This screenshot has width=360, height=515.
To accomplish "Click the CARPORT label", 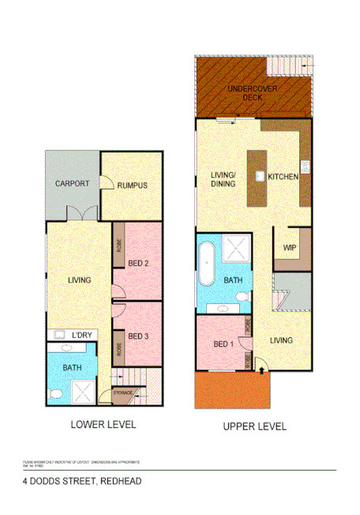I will point(72,184).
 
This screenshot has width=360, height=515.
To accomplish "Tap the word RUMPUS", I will point(132,186).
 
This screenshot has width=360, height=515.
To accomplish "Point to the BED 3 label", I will point(138,336).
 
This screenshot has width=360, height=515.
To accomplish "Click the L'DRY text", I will point(81,336).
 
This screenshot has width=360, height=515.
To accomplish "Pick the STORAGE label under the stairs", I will point(122,393).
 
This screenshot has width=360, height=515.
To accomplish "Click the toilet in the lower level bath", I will point(56,393).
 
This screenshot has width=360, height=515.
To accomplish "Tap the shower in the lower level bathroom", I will point(82,389).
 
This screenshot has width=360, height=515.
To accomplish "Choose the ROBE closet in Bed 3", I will point(118,348).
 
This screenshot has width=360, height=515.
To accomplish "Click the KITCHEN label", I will point(283,177).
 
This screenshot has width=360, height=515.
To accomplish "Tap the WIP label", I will point(289,247).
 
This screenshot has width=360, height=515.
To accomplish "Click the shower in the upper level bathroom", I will point(234,249).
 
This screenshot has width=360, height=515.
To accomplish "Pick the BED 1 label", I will point(223,344).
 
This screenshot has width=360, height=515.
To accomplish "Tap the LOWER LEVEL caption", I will point(103,424).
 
